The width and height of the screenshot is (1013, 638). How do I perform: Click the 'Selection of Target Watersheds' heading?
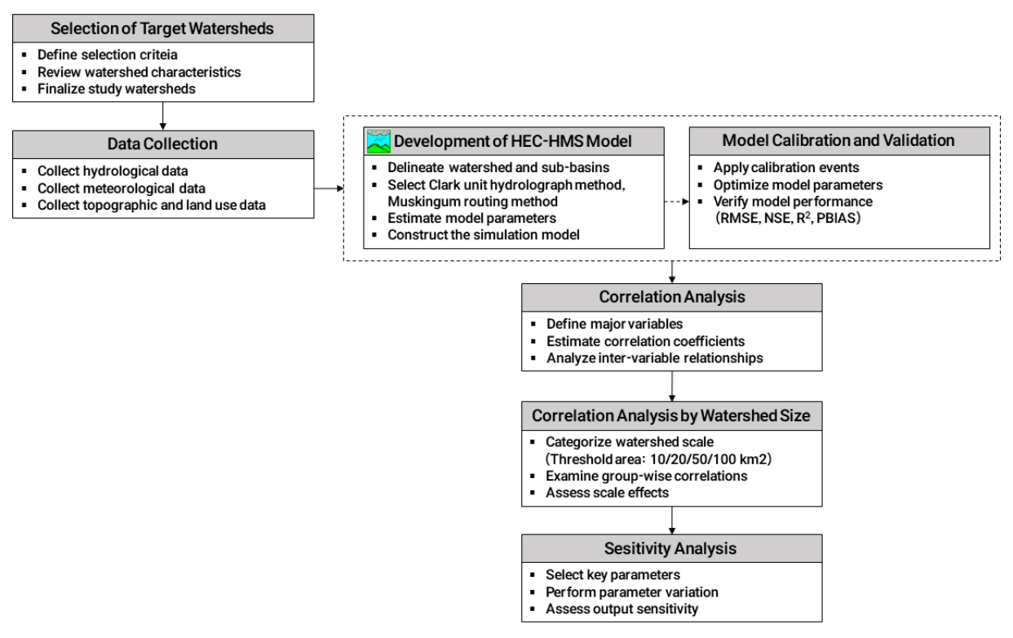(161, 29)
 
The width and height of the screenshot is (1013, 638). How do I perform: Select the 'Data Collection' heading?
(162, 144)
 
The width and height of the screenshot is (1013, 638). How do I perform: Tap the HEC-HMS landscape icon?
(378, 141)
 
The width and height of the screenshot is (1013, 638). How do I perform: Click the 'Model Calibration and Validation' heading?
(838, 140)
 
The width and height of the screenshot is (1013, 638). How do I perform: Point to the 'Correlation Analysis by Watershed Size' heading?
(670, 415)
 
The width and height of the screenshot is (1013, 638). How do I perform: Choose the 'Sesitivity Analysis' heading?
(670, 548)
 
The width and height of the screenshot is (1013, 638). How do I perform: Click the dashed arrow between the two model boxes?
(676, 202)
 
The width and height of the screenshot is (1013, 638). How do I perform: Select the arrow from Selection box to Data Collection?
(163, 116)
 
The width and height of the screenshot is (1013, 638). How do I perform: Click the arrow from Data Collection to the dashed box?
(329, 188)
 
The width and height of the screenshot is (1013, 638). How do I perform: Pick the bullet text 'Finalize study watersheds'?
(116, 89)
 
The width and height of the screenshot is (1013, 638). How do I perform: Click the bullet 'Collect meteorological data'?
(122, 188)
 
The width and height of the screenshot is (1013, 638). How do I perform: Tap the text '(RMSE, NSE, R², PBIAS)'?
(788, 218)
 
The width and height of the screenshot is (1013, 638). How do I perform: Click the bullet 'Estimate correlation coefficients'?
(645, 341)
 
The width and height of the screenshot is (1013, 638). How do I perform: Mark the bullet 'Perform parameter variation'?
(632, 591)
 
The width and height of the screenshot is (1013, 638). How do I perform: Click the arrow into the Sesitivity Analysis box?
(672, 521)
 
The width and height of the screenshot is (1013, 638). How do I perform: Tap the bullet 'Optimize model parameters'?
(798, 185)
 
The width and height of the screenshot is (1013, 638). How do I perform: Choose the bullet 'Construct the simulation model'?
(484, 235)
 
